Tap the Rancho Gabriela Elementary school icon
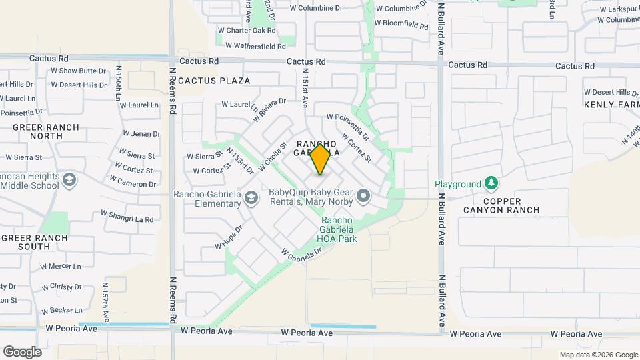point(251,198)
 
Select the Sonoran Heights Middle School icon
point(69,180)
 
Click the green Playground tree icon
point(491,183)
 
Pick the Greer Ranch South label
point(35,242)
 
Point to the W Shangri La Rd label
point(127,216)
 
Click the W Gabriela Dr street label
point(301,254)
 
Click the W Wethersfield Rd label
point(255,46)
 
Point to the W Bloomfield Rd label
point(401,24)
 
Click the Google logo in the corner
point(22,352)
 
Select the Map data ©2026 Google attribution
point(599,355)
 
